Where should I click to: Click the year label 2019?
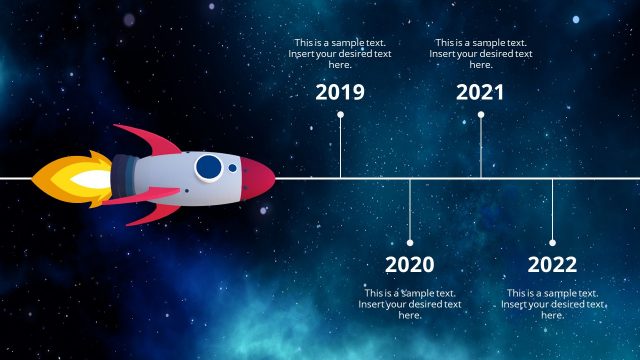coord(340,93)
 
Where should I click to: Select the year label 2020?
coord(410,265)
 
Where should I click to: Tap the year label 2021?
coord(480,93)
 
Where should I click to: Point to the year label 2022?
coord(552,265)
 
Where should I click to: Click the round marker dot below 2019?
coord(340,115)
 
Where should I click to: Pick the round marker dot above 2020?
coord(410,242)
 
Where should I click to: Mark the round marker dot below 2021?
coord(481,115)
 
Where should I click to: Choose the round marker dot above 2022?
coord(552,242)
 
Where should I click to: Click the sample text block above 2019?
coord(340,54)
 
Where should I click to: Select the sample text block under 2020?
coord(410,304)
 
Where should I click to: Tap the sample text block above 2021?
coord(481,54)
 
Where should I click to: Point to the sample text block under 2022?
coord(552,304)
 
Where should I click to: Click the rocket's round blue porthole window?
coord(208,167)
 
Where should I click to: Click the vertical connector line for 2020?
coord(410,210)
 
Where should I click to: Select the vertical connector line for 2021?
coord(481,147)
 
